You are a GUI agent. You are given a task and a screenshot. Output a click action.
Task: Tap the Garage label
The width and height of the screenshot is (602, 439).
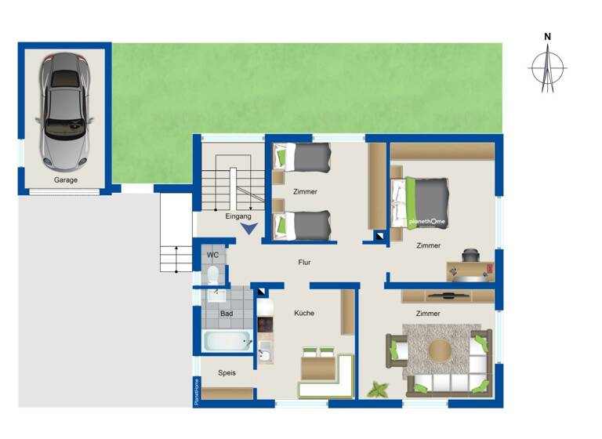pyautogui.click(x=66, y=180)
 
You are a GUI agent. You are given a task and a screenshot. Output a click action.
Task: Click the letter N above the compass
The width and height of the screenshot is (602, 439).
pyautogui.click(x=548, y=37)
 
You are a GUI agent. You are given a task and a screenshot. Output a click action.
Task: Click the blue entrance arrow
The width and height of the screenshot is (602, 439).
pyautogui.click(x=248, y=229)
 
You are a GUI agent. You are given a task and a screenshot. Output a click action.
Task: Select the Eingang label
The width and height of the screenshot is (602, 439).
pyautogui.click(x=238, y=216)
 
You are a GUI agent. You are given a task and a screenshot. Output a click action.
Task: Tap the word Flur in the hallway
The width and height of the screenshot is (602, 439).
pyautogui.click(x=305, y=263)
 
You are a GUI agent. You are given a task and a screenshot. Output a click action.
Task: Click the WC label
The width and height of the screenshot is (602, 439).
pyautogui.click(x=212, y=256)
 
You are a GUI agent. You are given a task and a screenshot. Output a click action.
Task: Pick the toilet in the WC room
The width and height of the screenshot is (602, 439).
pyautogui.click(x=212, y=275)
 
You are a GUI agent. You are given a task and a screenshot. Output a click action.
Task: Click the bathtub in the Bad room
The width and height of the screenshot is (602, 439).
pyautogui.click(x=226, y=341)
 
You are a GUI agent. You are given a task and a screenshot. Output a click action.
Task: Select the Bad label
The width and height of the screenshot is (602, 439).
pyautogui.click(x=227, y=313)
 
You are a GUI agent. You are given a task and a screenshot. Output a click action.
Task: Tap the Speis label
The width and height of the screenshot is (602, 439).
pyautogui.click(x=227, y=372)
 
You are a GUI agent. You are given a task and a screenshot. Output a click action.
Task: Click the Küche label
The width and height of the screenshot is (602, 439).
pyautogui.click(x=304, y=313)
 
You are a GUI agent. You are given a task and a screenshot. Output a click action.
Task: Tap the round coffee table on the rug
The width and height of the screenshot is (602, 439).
pyautogui.click(x=440, y=350)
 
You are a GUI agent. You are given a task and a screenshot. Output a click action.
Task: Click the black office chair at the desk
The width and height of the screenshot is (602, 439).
pyautogui.click(x=470, y=256)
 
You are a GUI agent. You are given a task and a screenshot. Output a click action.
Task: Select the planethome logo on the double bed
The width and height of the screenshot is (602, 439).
pyautogui.click(x=426, y=222)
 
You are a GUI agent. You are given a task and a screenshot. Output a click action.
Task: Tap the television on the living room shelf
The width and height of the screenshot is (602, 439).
pyautogui.click(x=446, y=295)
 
